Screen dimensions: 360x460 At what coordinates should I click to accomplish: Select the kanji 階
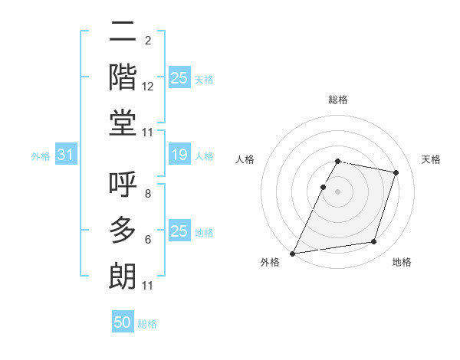(x=123, y=77)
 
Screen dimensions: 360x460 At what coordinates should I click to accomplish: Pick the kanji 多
(x=123, y=230)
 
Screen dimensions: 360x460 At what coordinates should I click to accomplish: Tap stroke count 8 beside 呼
(x=147, y=195)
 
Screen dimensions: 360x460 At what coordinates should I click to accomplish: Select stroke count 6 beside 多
(x=147, y=240)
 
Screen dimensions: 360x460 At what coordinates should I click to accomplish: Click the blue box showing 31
(x=65, y=155)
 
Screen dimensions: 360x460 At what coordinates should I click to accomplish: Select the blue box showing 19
(x=179, y=155)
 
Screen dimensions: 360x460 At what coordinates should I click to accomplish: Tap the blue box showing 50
(x=123, y=323)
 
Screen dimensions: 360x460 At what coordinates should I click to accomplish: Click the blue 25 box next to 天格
(x=179, y=78)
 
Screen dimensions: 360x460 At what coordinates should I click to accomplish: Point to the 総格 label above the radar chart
(x=337, y=100)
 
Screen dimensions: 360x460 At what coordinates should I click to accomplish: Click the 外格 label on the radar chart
(x=270, y=263)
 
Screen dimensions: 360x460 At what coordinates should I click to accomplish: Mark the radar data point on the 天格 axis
(x=396, y=173)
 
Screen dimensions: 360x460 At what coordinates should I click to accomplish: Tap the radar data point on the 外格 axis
(x=293, y=253)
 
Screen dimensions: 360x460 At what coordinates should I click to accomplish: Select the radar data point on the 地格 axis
(x=373, y=242)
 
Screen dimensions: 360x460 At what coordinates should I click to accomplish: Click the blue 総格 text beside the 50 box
(x=148, y=324)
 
